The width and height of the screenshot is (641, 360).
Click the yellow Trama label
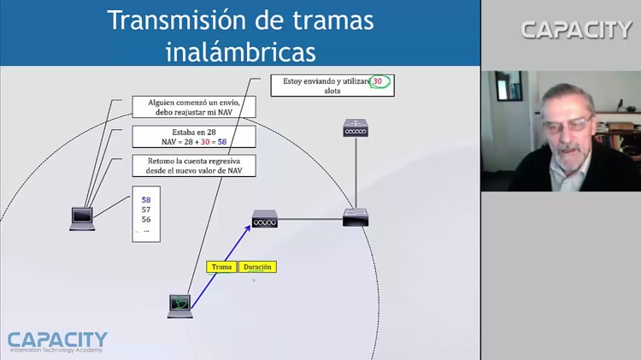coord(222,267)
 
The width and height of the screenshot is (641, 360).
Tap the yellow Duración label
coord(257,267)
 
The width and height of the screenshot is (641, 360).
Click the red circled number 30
coord(380,82)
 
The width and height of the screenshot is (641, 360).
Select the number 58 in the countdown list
coord(146,199)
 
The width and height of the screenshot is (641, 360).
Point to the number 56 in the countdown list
coord(146,219)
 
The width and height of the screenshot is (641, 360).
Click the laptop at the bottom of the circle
coord(179,305)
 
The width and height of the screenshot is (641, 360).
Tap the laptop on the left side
coord(82,219)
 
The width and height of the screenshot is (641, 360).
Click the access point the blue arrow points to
coord(265,220)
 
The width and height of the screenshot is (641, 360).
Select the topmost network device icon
coord(355,128)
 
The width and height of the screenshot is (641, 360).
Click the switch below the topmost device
coord(355,217)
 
